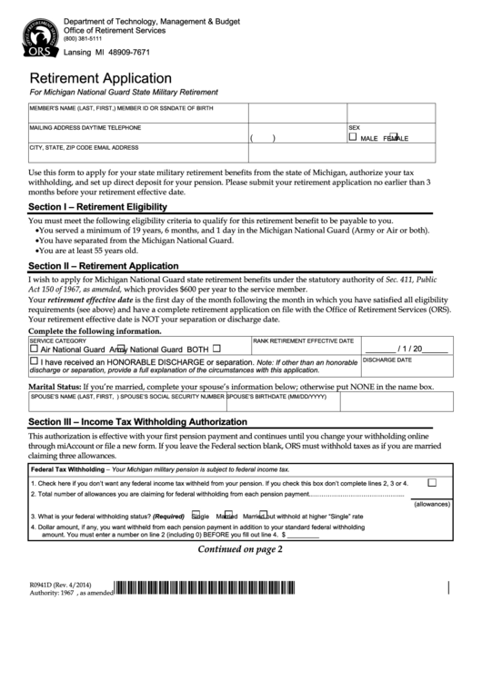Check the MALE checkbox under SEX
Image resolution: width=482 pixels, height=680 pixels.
pyautogui.click(x=354, y=137)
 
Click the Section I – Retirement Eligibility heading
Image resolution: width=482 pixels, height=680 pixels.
pyautogui.click(x=97, y=207)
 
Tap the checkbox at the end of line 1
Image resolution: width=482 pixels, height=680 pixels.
pyautogui.click(x=432, y=483)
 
